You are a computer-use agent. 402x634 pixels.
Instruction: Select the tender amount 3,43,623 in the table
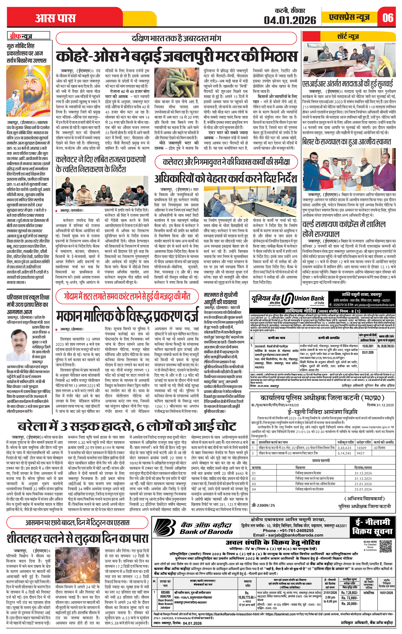[345, 448]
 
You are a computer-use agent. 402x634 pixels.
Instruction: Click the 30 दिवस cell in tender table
[380, 448]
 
